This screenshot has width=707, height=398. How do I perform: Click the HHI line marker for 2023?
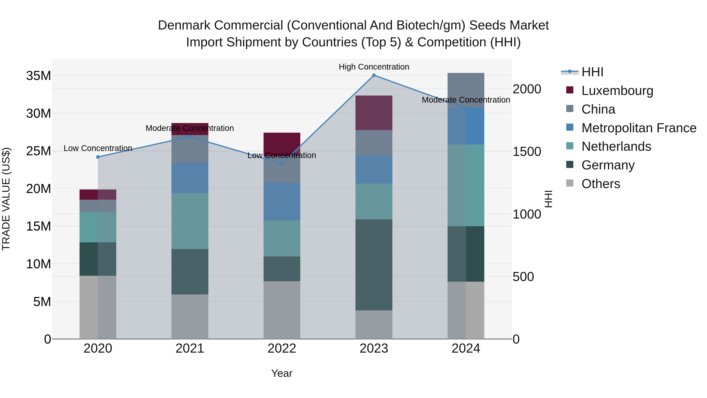(374, 75)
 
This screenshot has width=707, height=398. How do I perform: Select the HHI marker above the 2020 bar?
(98, 157)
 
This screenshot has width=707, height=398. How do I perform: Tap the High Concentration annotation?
(374, 67)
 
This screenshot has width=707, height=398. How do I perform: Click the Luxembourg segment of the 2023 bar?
(374, 113)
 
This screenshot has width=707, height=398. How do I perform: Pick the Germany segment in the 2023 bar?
(374, 265)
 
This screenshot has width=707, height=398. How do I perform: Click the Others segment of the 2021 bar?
(190, 316)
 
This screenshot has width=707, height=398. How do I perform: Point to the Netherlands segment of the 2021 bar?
(190, 221)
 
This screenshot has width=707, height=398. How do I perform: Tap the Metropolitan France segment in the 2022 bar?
(282, 202)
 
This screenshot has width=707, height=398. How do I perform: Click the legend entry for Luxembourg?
(617, 91)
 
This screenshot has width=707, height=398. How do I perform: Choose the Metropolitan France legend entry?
(639, 128)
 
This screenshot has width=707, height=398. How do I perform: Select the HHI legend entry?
(592, 72)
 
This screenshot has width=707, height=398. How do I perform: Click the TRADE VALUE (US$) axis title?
(6, 199)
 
